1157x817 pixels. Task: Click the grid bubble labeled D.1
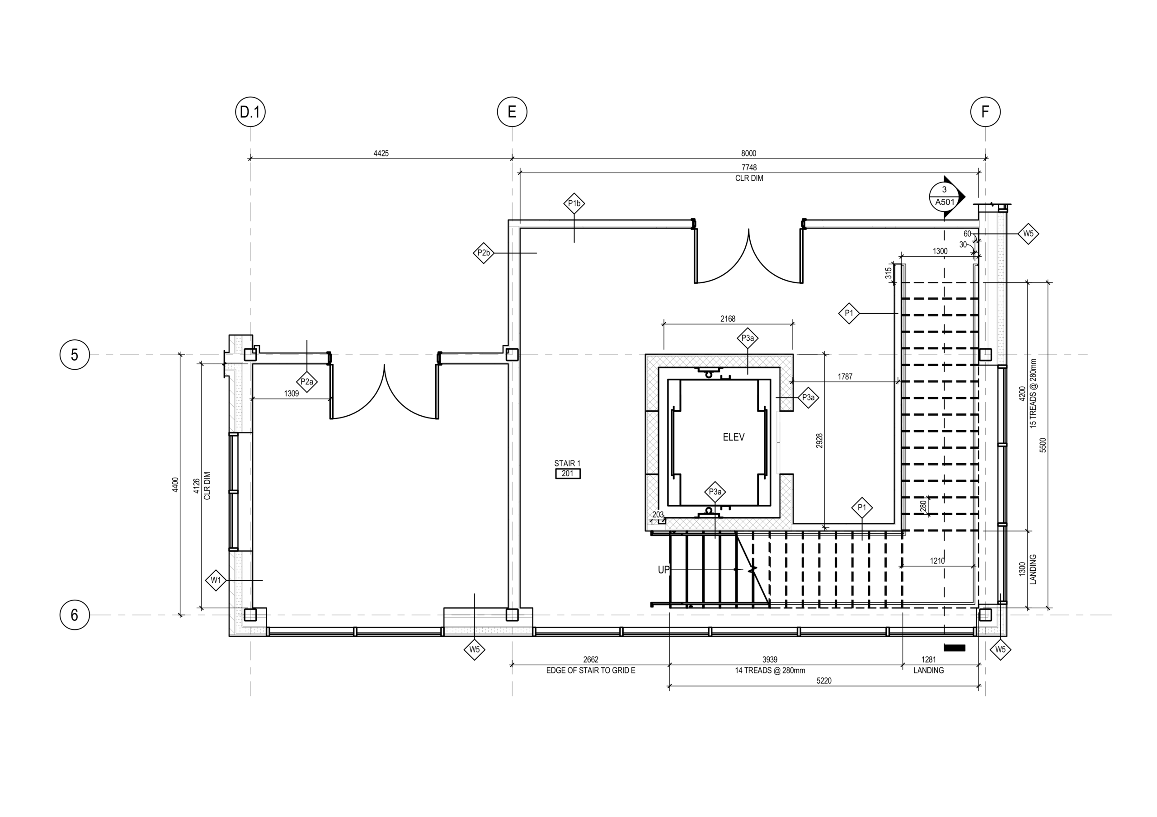[250, 112]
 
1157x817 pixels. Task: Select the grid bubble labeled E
[512, 112]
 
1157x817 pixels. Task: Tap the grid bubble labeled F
[985, 112]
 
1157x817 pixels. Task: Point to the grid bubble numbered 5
[75, 355]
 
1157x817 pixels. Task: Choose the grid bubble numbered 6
[75, 615]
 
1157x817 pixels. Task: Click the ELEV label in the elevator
[733, 437]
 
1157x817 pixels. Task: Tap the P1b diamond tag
[574, 203]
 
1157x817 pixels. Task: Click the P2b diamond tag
[484, 253]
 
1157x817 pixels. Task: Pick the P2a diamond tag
[306, 382]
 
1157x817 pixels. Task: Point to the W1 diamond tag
[216, 580]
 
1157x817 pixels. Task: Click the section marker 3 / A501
[945, 197]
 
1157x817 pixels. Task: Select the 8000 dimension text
[749, 154]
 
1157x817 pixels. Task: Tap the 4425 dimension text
[381, 154]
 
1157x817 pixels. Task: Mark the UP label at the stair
[663, 570]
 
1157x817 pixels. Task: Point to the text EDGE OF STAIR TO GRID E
[591, 671]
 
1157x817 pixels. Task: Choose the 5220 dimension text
[823, 681]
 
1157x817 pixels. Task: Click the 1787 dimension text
[845, 376]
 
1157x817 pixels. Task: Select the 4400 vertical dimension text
[175, 484]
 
